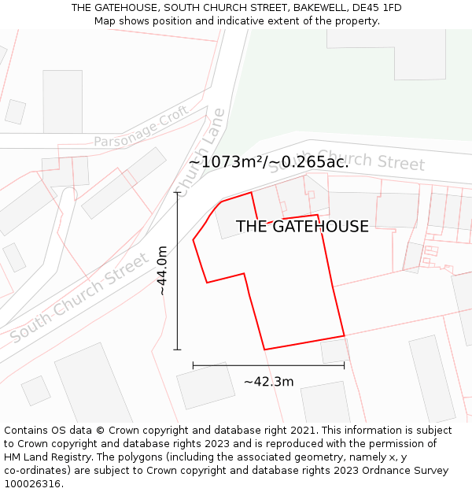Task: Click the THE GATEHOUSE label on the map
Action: pyautogui.click(x=302, y=227)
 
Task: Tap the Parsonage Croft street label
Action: pyautogui.click(x=141, y=129)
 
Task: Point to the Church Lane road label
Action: pyautogui.click(x=202, y=150)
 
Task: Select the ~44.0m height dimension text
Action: pyautogui.click(x=162, y=271)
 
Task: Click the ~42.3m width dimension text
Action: pyautogui.click(x=268, y=382)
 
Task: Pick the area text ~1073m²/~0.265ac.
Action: pyautogui.click(x=268, y=162)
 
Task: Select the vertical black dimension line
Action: pyautogui.click(x=178, y=271)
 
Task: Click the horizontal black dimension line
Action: pyautogui.click(x=268, y=365)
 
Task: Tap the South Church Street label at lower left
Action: pyautogui.click(x=79, y=298)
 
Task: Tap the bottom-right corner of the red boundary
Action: pyautogui.click(x=344, y=336)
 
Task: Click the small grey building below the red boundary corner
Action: pyautogui.click(x=334, y=350)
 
